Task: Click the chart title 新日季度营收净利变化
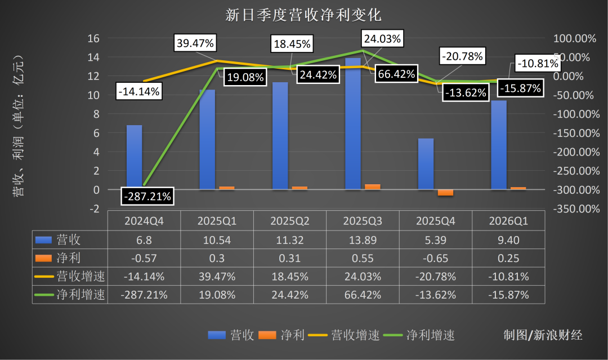[303, 14]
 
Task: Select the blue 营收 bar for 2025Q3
[353, 124]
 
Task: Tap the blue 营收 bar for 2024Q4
[134, 157]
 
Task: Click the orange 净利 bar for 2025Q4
[445, 193]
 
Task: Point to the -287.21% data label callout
[147, 197]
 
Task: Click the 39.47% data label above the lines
[195, 43]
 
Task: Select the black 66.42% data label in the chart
[396, 73]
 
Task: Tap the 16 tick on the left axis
[93, 38]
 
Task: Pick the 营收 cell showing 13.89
[363, 240]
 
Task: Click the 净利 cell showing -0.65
[435, 258]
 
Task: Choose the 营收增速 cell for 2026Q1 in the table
[508, 276]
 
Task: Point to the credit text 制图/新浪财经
[543, 335]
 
